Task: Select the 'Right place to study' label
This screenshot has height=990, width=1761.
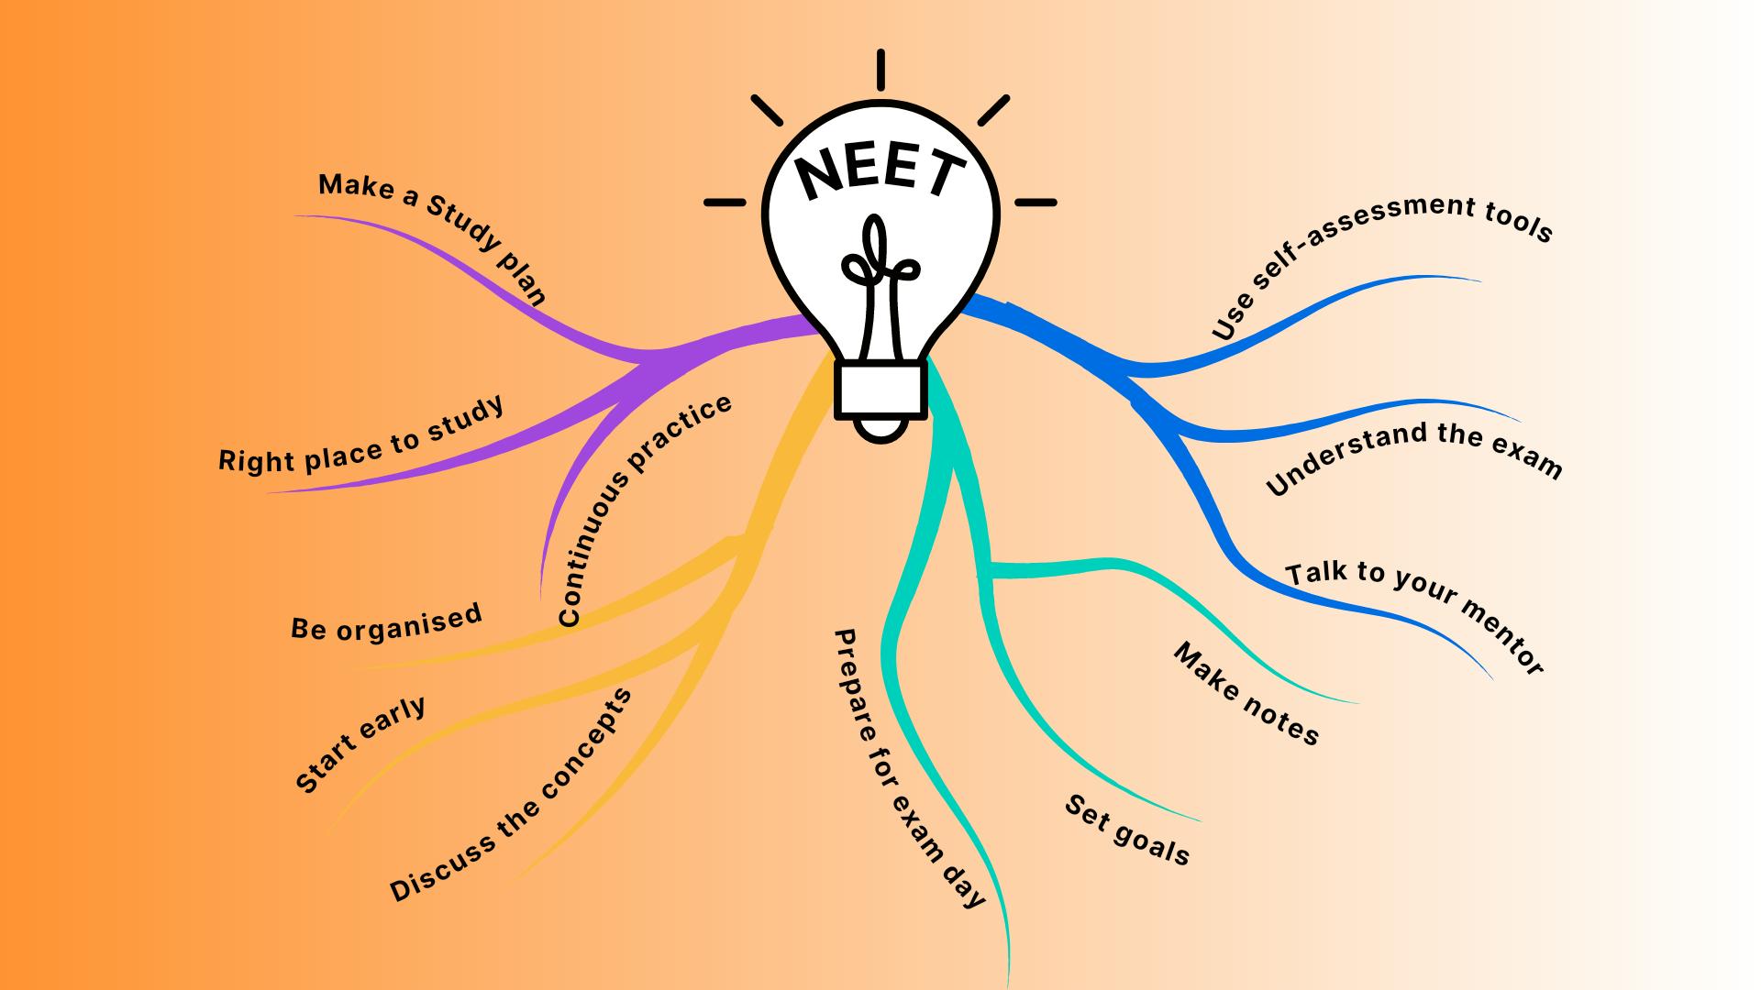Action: click(x=361, y=436)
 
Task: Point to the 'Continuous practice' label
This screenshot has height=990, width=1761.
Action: click(x=644, y=511)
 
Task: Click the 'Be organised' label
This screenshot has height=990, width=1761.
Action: click(x=386, y=621)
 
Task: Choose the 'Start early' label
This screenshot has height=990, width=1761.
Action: click(x=360, y=744)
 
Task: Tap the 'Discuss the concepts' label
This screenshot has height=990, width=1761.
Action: click(x=511, y=795)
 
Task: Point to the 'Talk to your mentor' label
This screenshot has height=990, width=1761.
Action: click(x=1416, y=618)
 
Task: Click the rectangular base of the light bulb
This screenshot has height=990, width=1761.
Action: click(x=880, y=389)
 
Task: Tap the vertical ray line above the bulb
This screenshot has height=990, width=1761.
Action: click(x=880, y=71)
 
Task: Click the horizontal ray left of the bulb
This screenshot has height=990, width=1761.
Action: click(x=725, y=202)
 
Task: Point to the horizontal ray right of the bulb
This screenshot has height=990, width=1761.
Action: click(x=1036, y=202)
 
